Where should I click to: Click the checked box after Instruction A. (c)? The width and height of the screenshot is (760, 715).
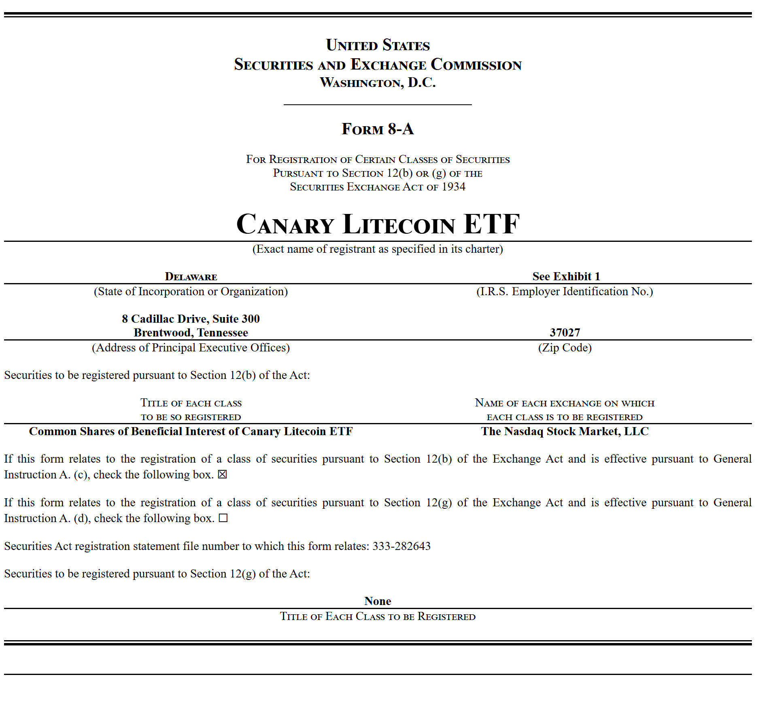click(222, 474)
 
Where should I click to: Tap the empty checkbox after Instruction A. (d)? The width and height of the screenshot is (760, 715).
click(223, 518)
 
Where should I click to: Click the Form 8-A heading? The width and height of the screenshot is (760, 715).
click(378, 129)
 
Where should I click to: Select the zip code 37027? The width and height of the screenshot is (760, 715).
click(565, 332)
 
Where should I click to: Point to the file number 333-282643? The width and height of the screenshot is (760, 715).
click(401, 546)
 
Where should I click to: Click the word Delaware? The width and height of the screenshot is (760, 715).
click(191, 277)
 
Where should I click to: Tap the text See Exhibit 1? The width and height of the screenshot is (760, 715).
click(566, 276)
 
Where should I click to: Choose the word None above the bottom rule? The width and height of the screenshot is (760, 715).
click(378, 601)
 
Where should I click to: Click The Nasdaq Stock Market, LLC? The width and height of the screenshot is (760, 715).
click(565, 431)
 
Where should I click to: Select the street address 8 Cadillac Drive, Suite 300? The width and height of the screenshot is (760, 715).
click(191, 319)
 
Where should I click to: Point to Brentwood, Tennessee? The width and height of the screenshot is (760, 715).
click(191, 332)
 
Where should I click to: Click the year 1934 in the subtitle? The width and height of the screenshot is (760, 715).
click(453, 187)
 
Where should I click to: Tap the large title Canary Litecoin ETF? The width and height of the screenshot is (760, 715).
click(378, 224)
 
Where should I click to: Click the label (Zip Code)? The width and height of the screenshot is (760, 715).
click(565, 347)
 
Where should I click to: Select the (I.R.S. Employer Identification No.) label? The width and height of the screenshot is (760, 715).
click(565, 291)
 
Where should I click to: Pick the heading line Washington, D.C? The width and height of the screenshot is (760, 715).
click(378, 82)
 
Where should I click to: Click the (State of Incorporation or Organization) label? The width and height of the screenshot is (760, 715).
click(191, 291)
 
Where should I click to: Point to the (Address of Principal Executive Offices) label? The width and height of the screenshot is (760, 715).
click(191, 347)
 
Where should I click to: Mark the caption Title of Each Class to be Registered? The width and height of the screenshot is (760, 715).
click(378, 616)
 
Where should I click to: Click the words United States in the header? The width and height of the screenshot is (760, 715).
click(378, 45)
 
